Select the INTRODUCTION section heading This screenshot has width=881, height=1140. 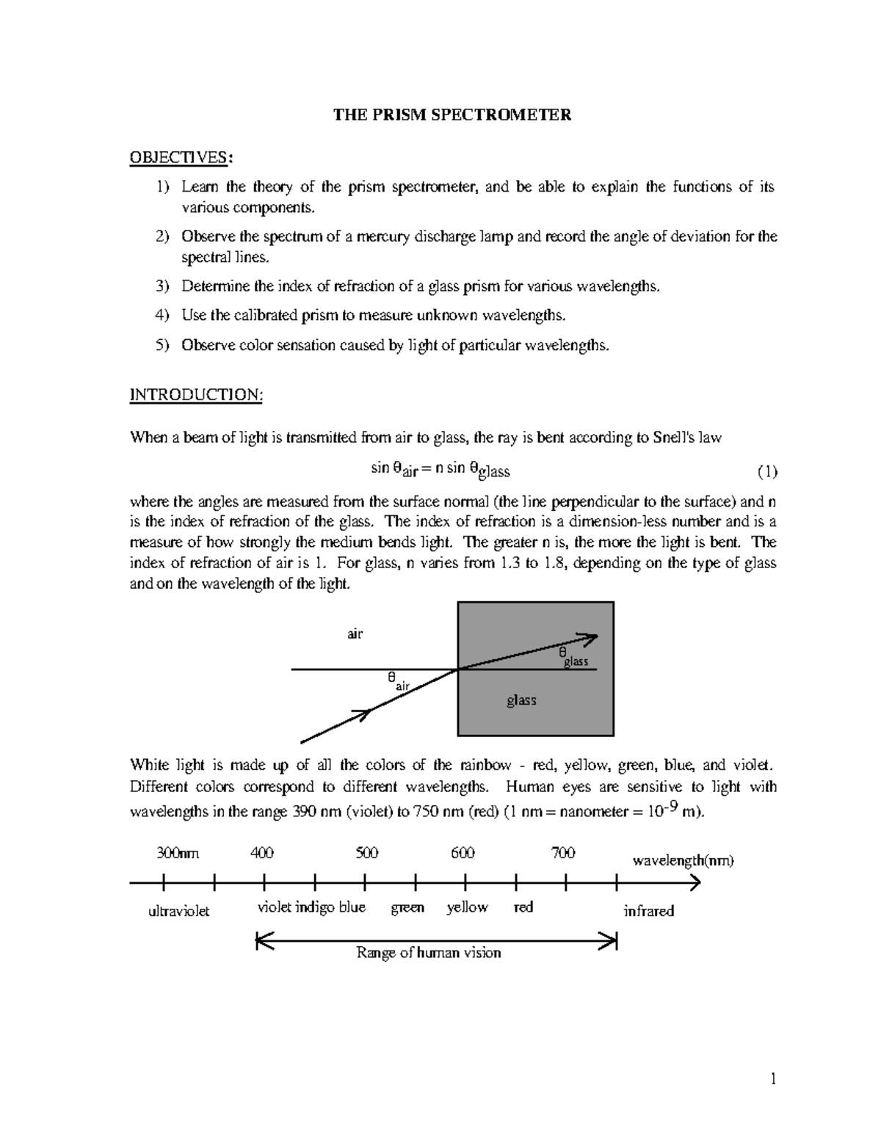(195, 395)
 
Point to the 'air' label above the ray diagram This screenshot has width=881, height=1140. (355, 633)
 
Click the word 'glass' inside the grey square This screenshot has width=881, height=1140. (521, 700)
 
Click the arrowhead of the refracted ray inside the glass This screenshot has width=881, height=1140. (589, 637)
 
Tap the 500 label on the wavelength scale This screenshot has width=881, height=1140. (367, 853)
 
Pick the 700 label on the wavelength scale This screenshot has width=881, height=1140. (563, 853)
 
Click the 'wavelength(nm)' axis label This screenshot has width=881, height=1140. (683, 860)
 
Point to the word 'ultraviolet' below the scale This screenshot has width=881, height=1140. (179, 911)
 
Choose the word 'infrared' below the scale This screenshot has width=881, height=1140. (648, 911)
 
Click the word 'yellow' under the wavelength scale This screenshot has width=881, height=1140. (467, 907)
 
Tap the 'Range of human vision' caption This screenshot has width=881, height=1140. (429, 953)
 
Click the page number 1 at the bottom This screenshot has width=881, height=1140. (772, 1078)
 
